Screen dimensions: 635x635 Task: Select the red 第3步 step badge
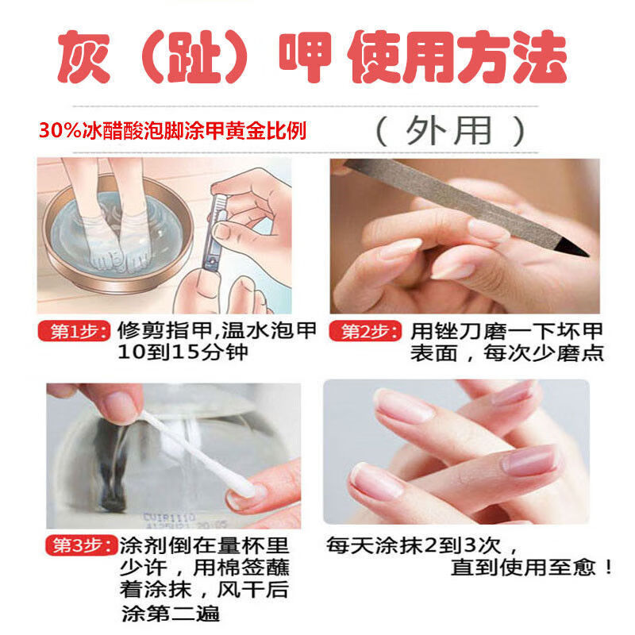pos(79,548)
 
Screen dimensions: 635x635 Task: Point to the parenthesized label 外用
pos(449,129)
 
